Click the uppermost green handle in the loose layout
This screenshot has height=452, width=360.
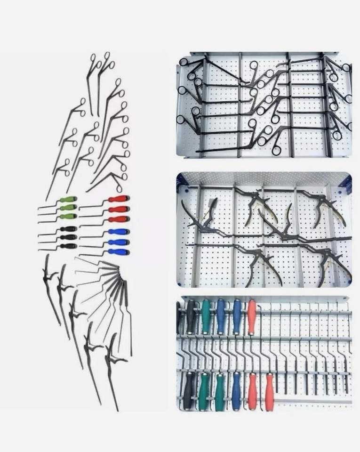click(69, 199)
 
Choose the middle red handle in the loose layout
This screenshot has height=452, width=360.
click(118, 209)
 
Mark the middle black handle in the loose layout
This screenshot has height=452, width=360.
click(69, 237)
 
